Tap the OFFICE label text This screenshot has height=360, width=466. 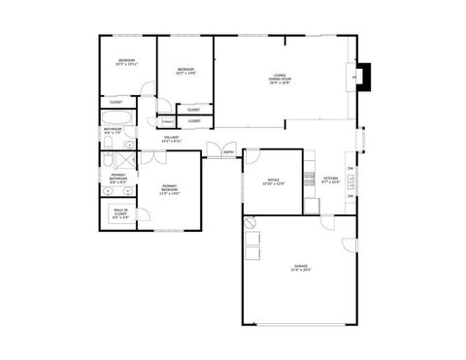click(x=274, y=181)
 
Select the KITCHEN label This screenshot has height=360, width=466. click(x=331, y=180)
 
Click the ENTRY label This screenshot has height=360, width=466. click(x=229, y=152)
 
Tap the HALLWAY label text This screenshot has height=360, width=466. click(x=172, y=139)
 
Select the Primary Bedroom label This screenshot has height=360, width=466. click(x=169, y=189)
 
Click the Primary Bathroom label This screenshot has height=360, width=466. click(x=117, y=179)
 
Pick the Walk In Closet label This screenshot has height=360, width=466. click(x=120, y=215)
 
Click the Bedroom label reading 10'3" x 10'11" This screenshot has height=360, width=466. click(x=126, y=62)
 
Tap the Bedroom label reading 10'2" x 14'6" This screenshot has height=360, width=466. click(x=185, y=71)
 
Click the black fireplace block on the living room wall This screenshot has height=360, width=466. click(x=364, y=76)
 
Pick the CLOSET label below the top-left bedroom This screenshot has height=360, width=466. click(x=116, y=102)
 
